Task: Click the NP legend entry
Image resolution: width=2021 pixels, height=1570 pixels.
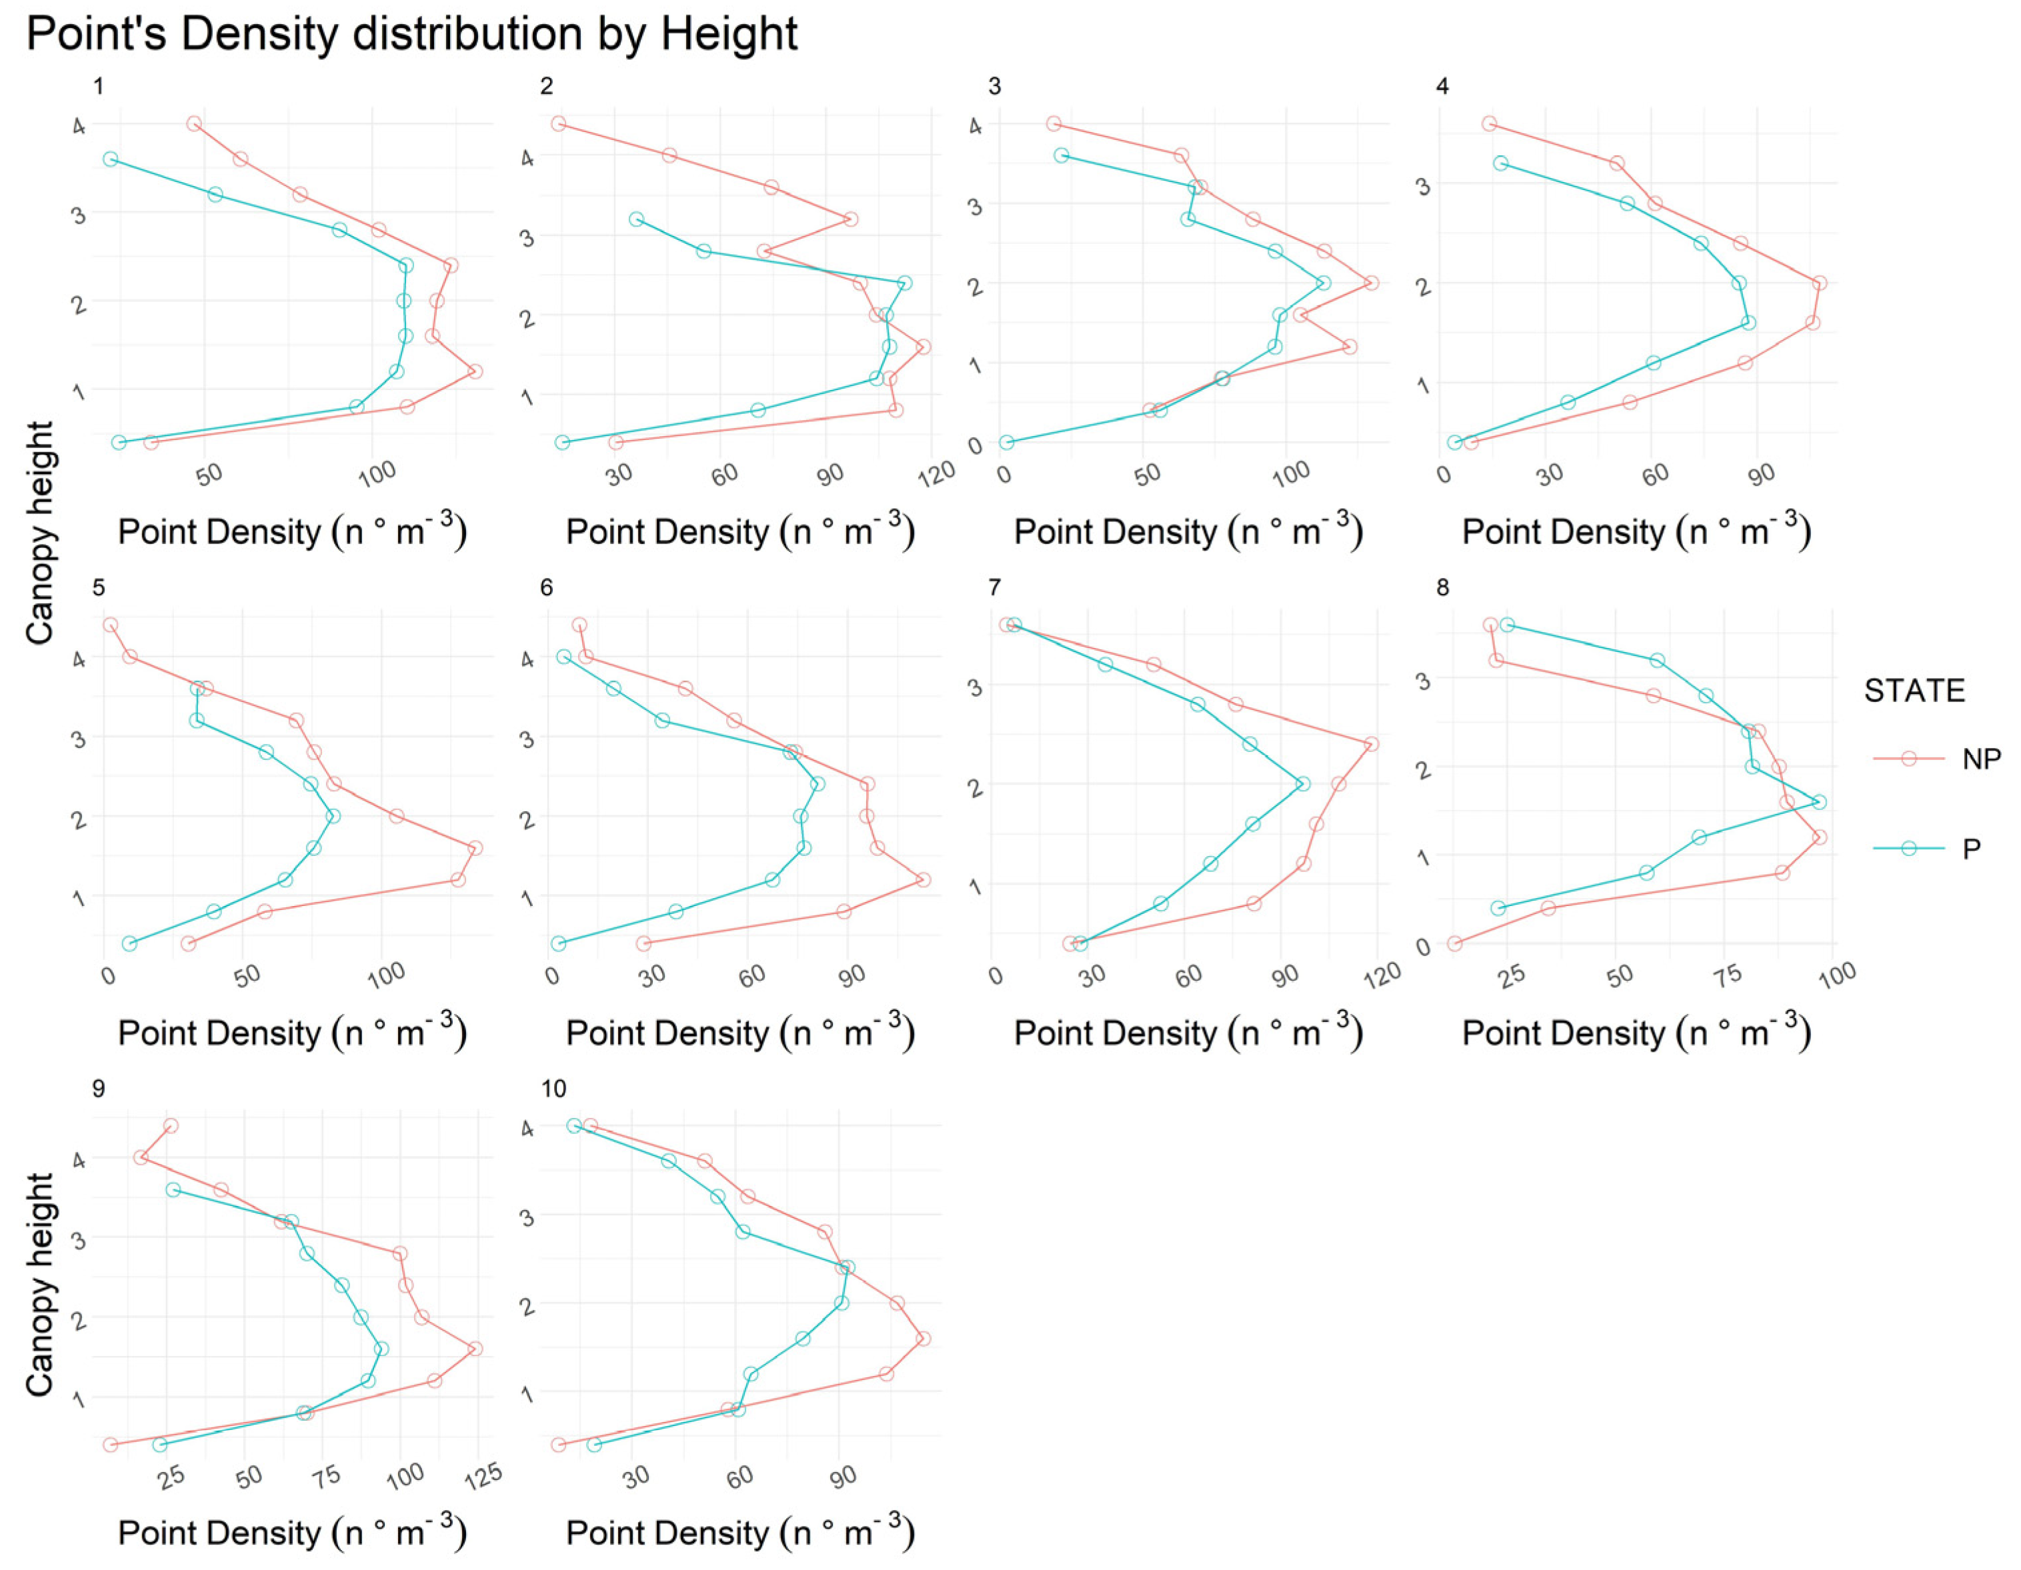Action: coord(1980,759)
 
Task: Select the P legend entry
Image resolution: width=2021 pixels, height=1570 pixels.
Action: coord(1971,849)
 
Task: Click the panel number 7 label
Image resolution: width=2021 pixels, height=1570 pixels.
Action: coord(994,587)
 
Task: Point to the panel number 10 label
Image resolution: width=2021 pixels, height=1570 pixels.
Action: coord(553,1089)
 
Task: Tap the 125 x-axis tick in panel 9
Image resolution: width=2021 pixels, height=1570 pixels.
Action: coord(483,1475)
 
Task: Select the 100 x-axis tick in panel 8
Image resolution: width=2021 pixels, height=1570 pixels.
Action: coord(1837,974)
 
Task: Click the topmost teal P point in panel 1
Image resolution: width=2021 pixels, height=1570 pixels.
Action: coord(110,159)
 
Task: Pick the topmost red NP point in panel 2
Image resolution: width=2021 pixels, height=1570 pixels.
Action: coord(558,124)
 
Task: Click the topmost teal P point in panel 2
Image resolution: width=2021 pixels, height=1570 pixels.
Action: coord(635,219)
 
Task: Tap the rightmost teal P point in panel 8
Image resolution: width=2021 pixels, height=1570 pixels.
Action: coord(1819,802)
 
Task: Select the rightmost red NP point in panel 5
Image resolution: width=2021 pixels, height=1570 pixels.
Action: coord(475,847)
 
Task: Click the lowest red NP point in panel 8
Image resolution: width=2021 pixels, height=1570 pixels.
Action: coord(1454,943)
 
